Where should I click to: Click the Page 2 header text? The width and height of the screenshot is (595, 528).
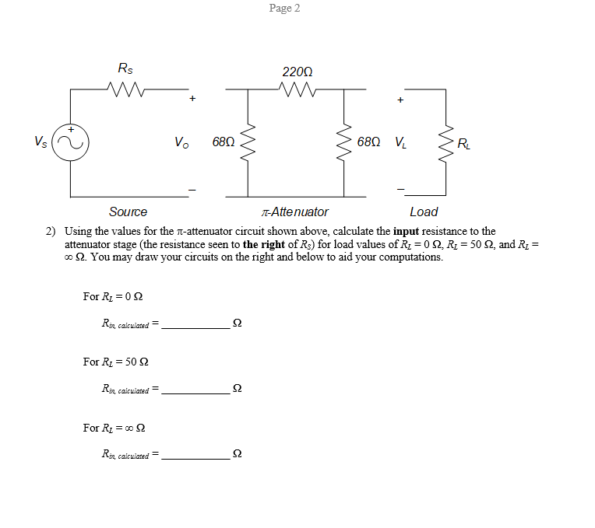[284, 8]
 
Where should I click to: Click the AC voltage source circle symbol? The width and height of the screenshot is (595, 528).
[71, 142]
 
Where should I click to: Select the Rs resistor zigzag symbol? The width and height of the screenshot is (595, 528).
[125, 89]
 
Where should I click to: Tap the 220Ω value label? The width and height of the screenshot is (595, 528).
[297, 72]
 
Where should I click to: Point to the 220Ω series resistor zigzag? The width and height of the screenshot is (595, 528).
[297, 89]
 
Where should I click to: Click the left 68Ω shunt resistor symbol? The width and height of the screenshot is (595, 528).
[248, 142]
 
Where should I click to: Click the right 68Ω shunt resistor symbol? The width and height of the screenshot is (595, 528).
[343, 142]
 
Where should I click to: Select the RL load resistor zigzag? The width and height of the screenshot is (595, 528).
[446, 142]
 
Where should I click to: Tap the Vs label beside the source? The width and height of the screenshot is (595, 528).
[40, 142]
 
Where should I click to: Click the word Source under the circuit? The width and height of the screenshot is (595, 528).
[128, 212]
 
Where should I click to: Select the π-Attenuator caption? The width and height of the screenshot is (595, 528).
[295, 212]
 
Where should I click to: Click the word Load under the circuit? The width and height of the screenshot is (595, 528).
[424, 212]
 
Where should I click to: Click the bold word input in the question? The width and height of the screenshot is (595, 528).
[407, 232]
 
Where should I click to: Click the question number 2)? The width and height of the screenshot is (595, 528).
[51, 232]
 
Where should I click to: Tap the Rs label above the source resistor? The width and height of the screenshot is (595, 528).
[125, 69]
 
